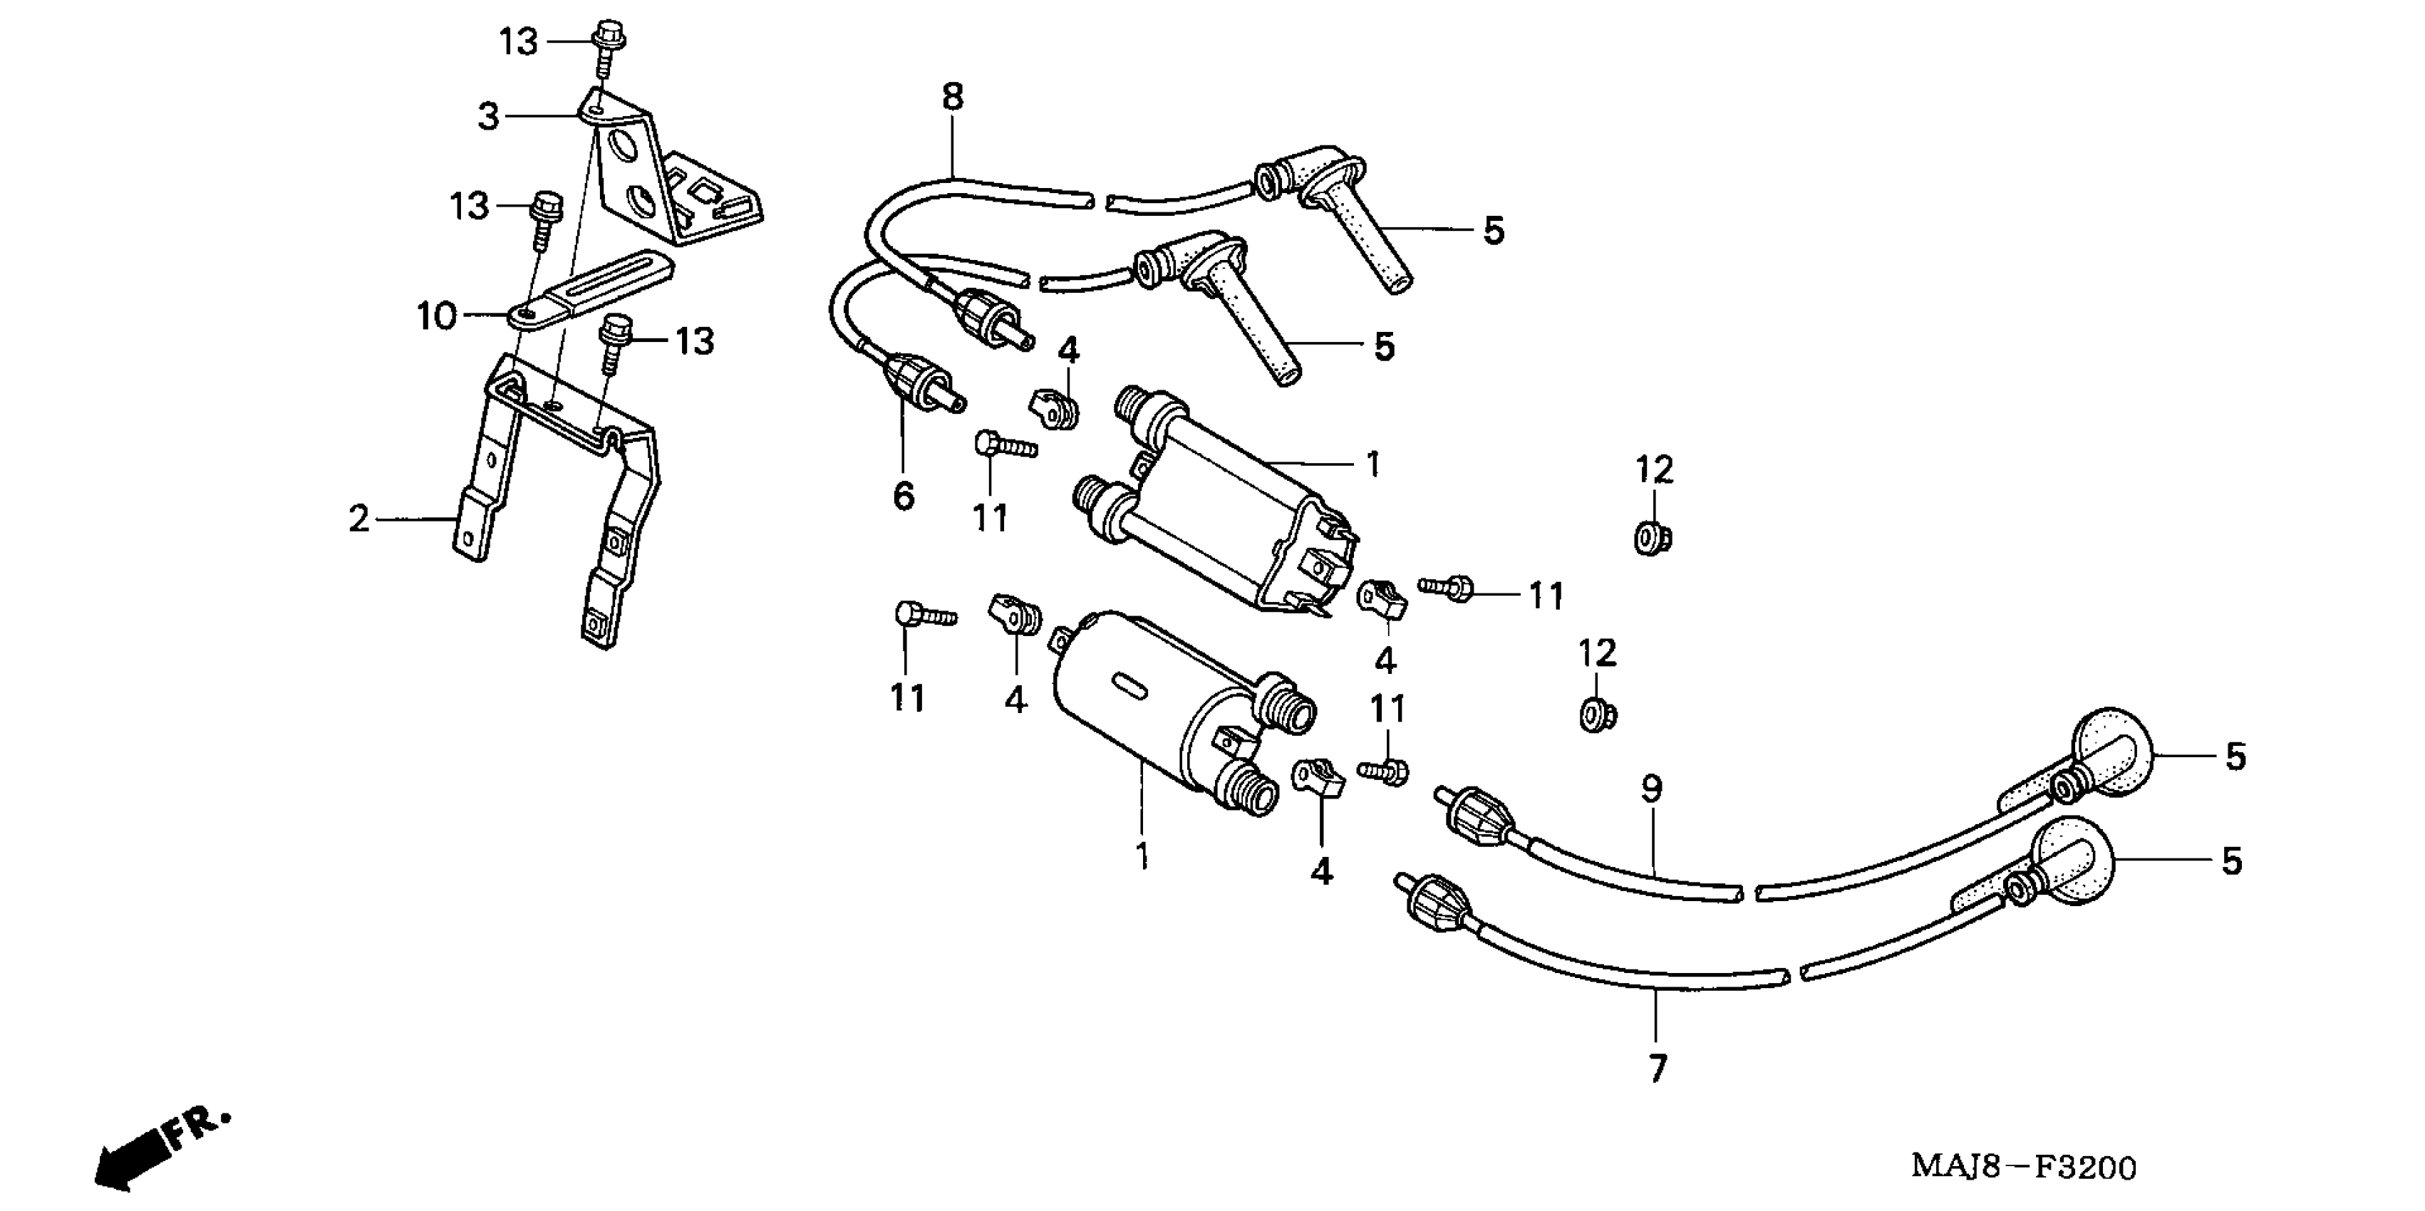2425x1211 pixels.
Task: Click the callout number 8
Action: tap(953, 97)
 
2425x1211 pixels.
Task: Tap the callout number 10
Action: tap(436, 317)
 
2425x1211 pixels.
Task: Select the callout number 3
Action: tap(487, 117)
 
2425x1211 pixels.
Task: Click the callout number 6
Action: tap(903, 495)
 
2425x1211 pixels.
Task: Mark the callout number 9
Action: tap(1652, 789)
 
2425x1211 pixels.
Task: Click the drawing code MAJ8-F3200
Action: tap(2023, 1168)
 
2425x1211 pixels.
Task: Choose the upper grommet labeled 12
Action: tap(1649, 539)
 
